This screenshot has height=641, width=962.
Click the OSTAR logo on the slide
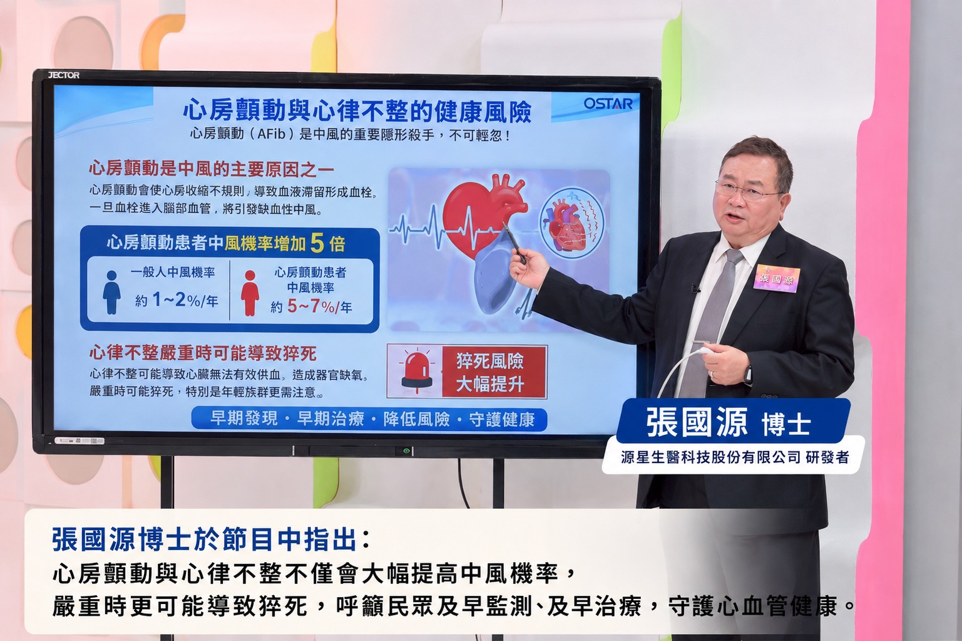coord(608,103)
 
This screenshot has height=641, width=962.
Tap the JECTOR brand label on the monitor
coord(64,75)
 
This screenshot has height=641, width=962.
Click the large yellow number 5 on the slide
coord(317,243)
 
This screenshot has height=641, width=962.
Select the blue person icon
coord(111,293)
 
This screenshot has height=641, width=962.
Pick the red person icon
coord(250,293)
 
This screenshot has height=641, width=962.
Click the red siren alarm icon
coord(416,372)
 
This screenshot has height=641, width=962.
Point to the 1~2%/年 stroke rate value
coord(185,300)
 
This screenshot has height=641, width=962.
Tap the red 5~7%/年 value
coord(320,306)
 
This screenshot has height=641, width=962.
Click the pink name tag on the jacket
coord(777,278)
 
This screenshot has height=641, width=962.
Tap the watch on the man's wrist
coord(748,375)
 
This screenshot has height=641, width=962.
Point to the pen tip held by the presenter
coord(504,224)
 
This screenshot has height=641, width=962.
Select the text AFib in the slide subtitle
coord(272,135)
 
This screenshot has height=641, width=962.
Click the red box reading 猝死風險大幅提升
coord(494,372)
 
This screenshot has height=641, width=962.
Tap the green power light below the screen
coord(406,451)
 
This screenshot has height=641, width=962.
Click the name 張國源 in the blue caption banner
coord(697,422)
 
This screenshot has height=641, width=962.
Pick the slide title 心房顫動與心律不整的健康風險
coord(357,111)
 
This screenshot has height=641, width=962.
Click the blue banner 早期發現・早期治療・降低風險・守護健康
coord(369,419)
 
